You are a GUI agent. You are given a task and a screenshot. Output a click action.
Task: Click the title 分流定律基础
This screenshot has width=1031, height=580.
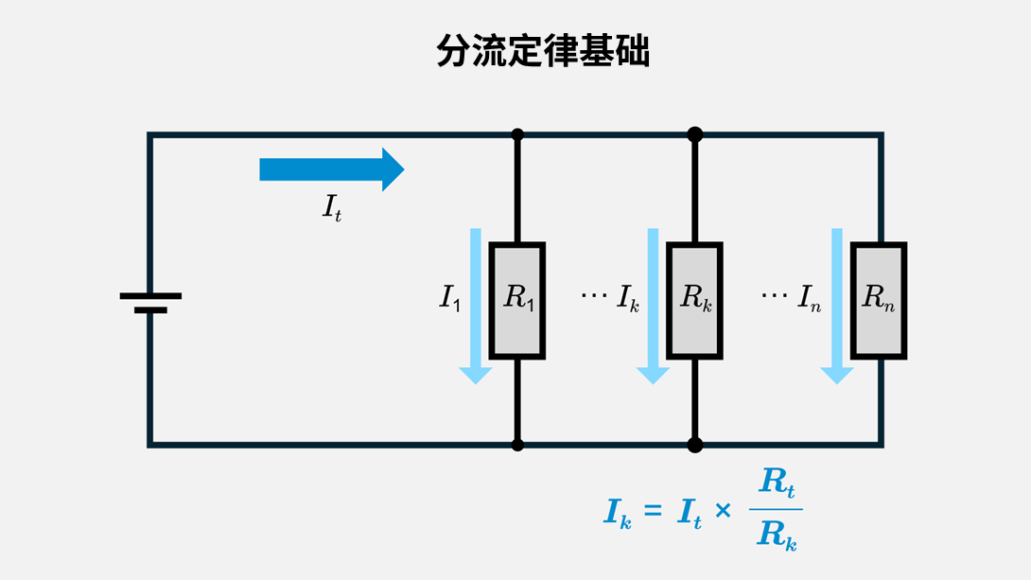542,53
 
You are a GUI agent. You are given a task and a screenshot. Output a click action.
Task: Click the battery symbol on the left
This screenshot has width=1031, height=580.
150,302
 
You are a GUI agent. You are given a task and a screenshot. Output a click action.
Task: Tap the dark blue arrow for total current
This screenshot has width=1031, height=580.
331,169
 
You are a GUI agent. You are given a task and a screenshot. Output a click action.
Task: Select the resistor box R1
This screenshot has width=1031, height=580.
517,301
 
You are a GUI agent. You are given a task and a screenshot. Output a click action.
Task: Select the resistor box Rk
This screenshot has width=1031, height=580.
695,301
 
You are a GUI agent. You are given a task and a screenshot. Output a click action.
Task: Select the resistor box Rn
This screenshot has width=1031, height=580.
879,301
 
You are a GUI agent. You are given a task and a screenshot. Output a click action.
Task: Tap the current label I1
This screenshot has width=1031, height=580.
449,299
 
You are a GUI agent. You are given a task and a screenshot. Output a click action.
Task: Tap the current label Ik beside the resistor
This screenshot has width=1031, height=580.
628,299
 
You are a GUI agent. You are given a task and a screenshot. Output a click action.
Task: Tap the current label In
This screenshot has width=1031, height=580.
810,299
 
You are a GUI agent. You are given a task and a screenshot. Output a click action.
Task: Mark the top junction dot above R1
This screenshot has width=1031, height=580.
517,134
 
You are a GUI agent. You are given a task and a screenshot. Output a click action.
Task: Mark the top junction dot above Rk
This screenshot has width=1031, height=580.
695,134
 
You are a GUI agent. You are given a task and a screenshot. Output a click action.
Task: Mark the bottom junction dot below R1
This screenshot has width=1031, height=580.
517,444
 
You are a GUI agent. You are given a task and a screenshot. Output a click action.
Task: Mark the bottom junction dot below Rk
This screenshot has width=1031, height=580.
695,444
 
